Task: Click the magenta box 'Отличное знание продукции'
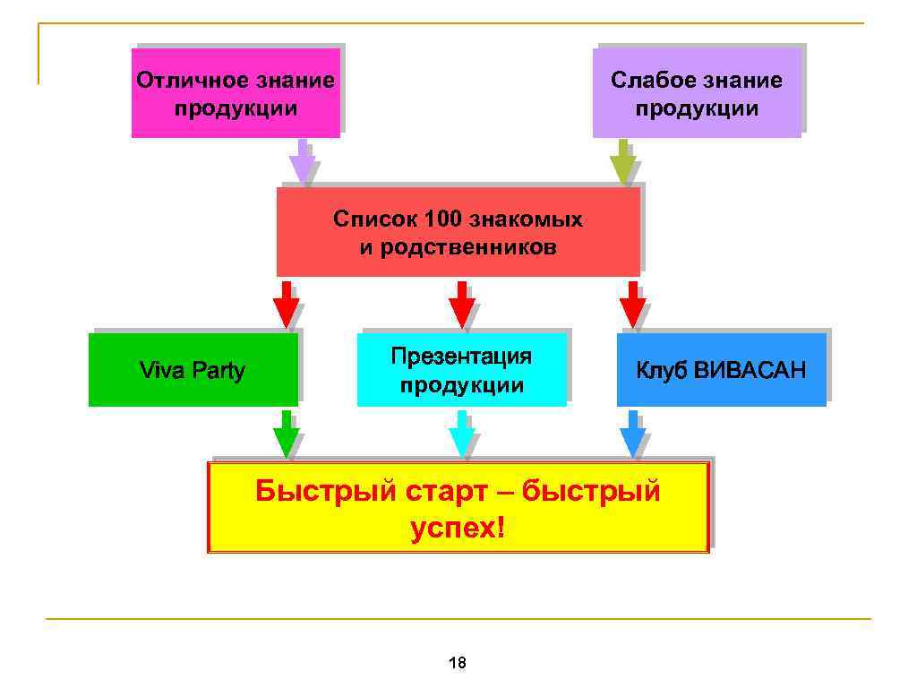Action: pos(236,93)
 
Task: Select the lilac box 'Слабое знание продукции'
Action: pos(697,93)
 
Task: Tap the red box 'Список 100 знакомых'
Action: pos(458,232)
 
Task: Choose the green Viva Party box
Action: pos(193,370)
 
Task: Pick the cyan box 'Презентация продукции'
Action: pos(461,370)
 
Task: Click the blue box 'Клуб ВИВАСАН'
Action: pos(721,370)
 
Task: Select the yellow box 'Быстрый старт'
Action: pos(458,508)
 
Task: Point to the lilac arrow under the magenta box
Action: pos(302,163)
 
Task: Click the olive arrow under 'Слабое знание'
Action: pos(622,163)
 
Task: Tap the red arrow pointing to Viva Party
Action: pos(286,305)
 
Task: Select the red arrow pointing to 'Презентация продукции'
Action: pos(461,305)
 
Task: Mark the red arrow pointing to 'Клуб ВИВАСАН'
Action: pos(632,305)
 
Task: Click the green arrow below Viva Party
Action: pos(286,434)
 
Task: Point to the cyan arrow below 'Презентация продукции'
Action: pos(461,434)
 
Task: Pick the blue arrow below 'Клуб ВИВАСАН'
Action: pos(632,434)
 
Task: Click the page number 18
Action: pos(457,663)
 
